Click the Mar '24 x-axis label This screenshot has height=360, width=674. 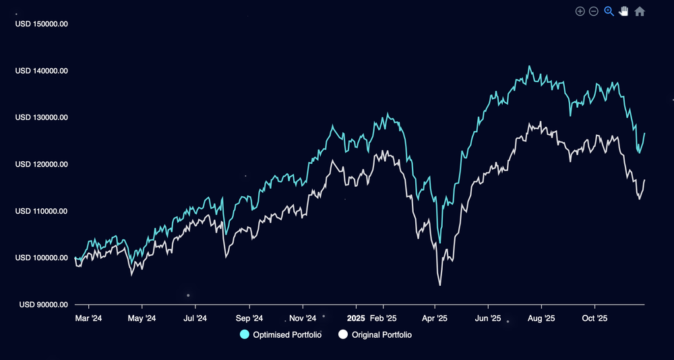click(88, 318)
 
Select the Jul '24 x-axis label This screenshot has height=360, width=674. click(194, 318)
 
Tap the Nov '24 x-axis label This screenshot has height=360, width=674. click(302, 318)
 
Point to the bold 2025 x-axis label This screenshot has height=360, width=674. click(355, 318)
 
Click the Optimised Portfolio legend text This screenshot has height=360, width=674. click(287, 335)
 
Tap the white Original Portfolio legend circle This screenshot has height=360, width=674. click(343, 335)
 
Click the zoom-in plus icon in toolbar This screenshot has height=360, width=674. click(580, 11)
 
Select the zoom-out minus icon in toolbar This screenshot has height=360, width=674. click(594, 11)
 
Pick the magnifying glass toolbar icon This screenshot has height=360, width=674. click(609, 11)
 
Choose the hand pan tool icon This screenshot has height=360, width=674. click(624, 11)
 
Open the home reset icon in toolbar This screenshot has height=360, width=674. click(640, 11)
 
